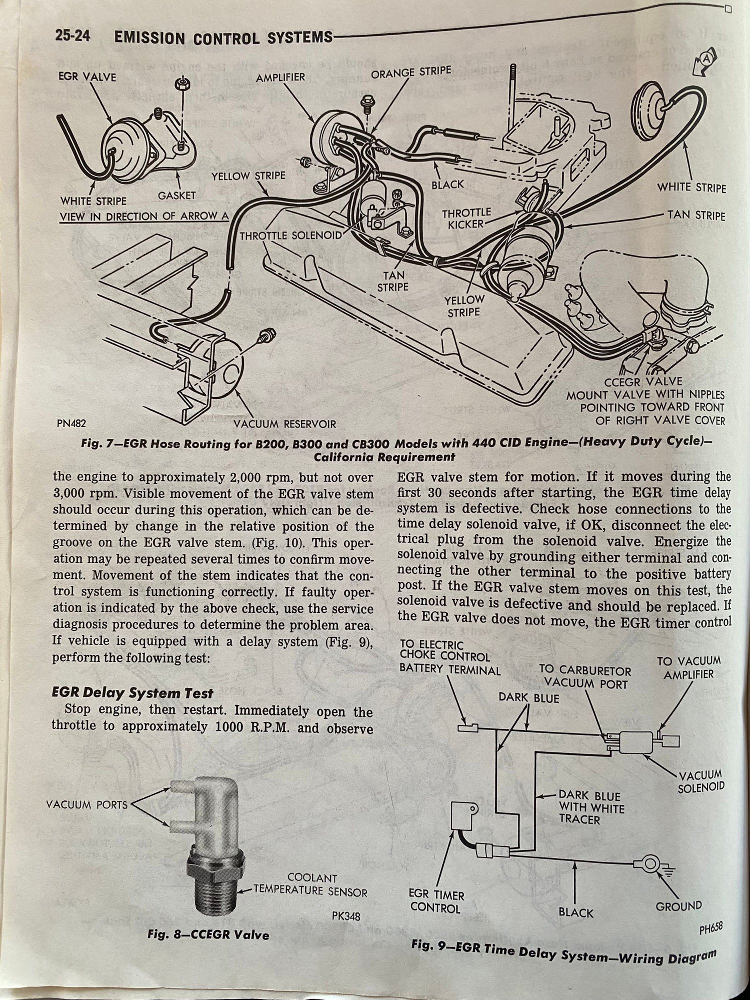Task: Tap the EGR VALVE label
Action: [x=87, y=77]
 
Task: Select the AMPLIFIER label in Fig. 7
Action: [x=280, y=77]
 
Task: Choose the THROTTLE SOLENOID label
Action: [x=291, y=235]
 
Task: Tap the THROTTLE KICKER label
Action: [x=466, y=219]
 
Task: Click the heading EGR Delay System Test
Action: [x=132, y=693]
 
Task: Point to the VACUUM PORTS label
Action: [x=87, y=805]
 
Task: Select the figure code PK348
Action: [x=345, y=917]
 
